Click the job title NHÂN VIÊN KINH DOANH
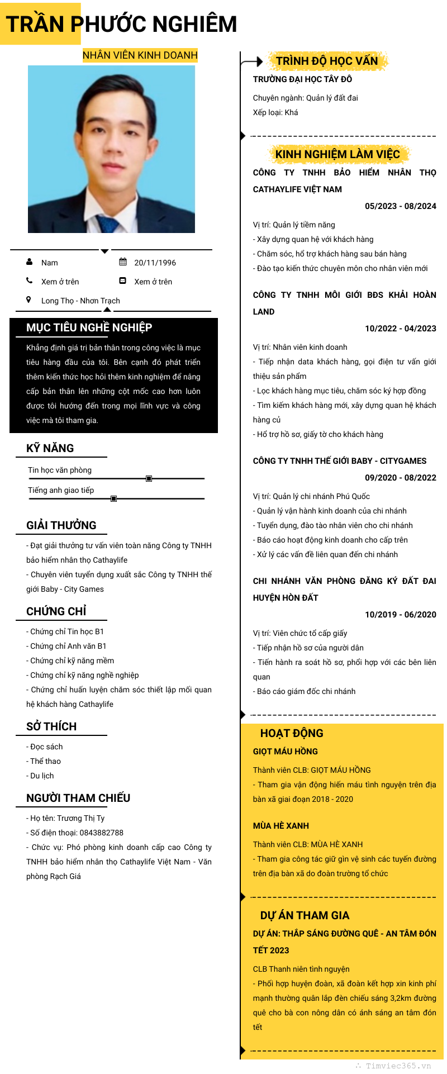tap(140, 55)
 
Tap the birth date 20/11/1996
tap(155, 263)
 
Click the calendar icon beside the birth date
tap(123, 262)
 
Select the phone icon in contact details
tap(29, 281)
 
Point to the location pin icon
tap(28, 300)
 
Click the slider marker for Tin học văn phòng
tap(149, 478)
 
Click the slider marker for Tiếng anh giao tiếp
tap(113, 498)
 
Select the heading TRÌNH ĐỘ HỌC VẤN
tap(327, 61)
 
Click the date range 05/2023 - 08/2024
tap(400, 206)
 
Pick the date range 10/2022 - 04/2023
tap(400, 329)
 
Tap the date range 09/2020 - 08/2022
tap(400, 478)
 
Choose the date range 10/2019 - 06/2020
tap(400, 615)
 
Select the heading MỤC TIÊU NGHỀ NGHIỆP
tap(89, 327)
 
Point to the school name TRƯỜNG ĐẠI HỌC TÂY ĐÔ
tap(302, 79)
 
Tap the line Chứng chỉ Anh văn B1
tap(67, 646)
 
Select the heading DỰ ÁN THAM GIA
tap(305, 915)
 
